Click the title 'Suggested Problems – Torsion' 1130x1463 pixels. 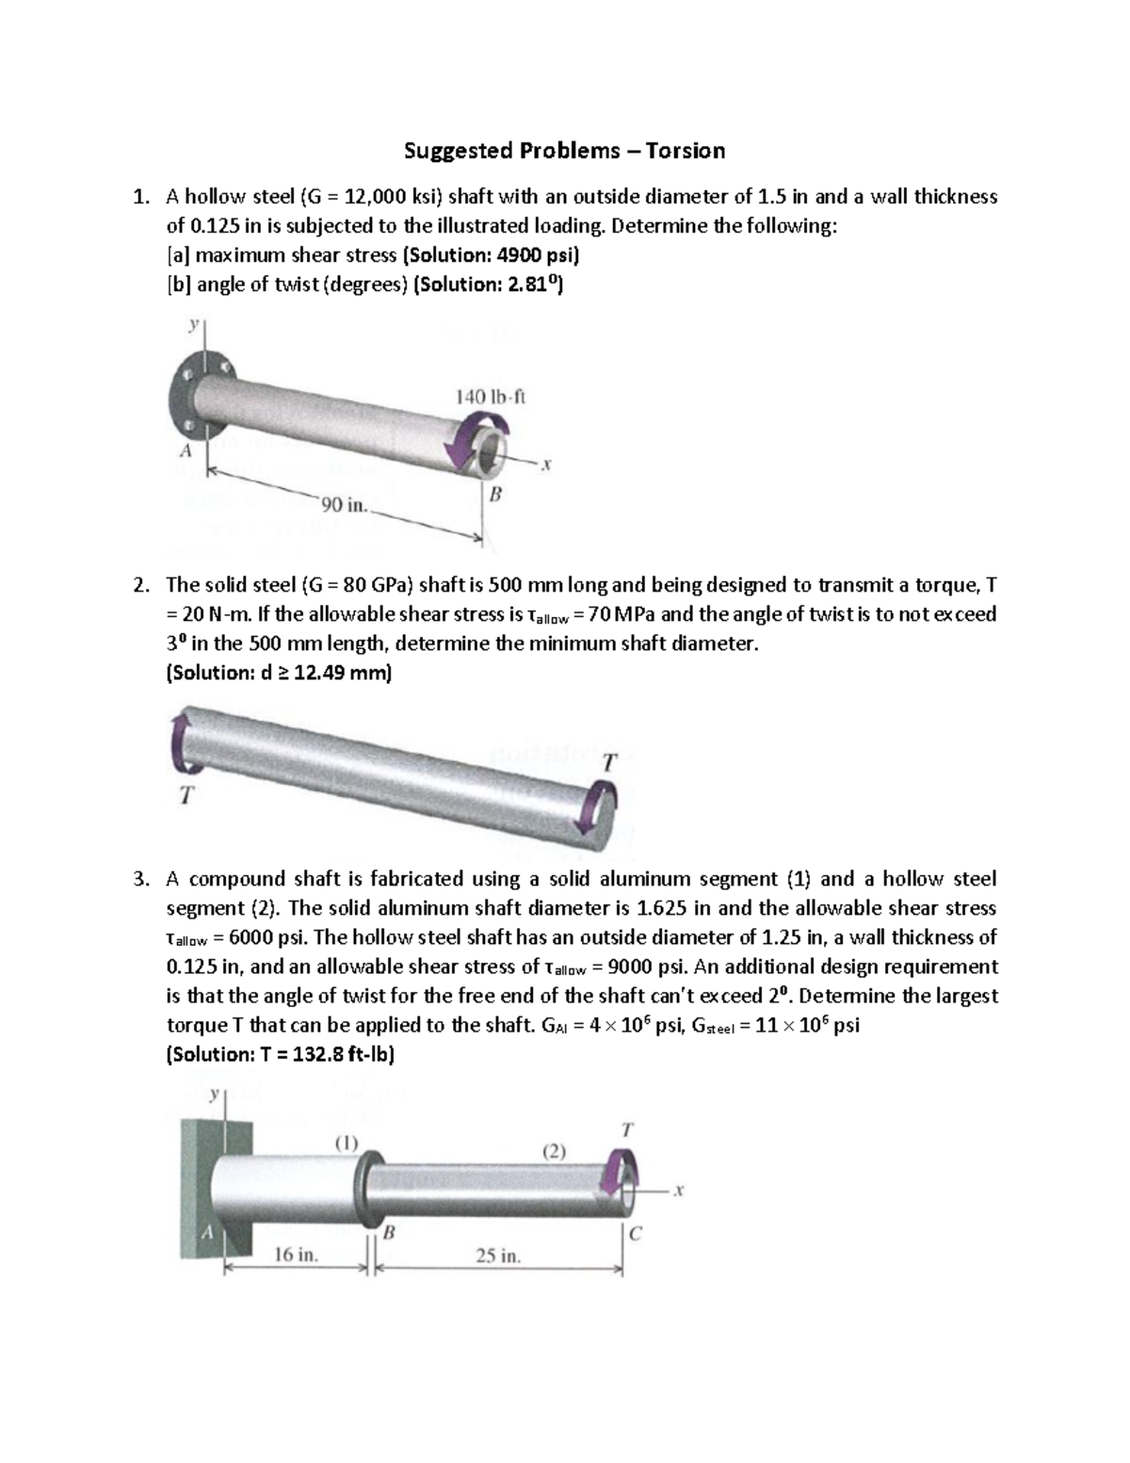click(x=564, y=151)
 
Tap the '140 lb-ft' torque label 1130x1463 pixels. click(x=491, y=397)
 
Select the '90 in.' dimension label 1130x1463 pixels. click(x=345, y=505)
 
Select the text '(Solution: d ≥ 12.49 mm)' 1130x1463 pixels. click(x=278, y=674)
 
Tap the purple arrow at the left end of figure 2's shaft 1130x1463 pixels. click(x=179, y=745)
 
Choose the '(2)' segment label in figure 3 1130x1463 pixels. click(x=554, y=1150)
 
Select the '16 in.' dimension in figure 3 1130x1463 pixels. click(x=296, y=1255)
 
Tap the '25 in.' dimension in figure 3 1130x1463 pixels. click(x=498, y=1256)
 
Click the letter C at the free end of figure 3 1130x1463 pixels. click(x=635, y=1236)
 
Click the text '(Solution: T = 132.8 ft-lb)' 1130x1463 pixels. click(x=280, y=1054)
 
